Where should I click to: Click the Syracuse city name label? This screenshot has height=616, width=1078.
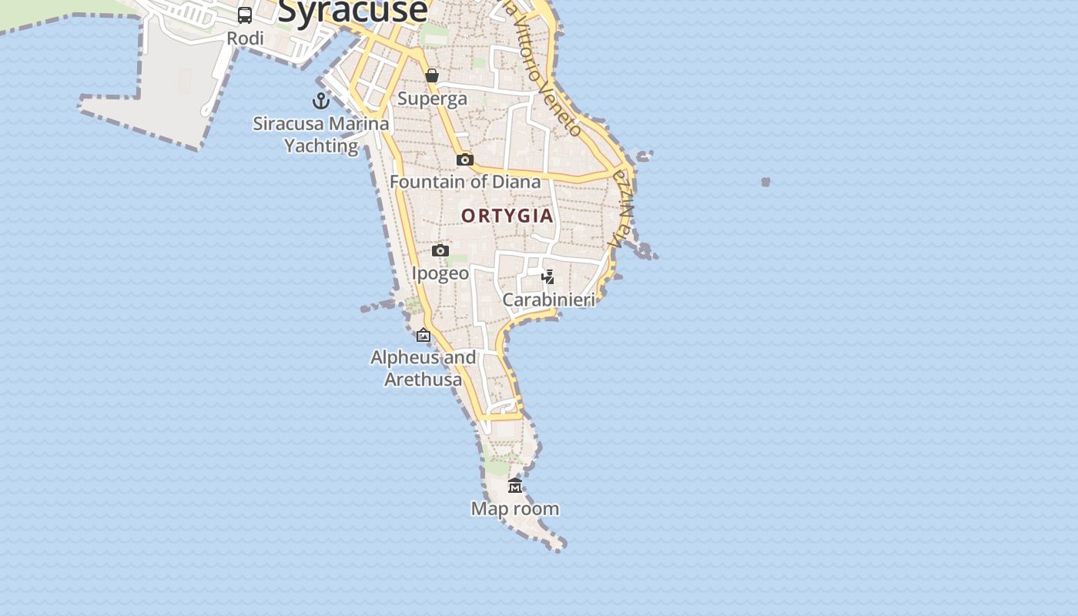[352, 11]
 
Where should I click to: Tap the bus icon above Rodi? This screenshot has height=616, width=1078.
[245, 15]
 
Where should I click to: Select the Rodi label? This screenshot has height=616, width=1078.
[245, 38]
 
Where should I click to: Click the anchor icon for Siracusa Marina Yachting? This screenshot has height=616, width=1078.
[320, 101]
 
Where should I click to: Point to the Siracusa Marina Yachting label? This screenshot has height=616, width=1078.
[321, 134]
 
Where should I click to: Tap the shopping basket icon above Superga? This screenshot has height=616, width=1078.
[432, 75]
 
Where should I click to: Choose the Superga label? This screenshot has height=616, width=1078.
[432, 99]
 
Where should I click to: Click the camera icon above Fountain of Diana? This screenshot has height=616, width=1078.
[465, 159]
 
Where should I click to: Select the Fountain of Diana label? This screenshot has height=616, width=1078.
[465, 182]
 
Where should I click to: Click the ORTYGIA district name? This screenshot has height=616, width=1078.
[507, 216]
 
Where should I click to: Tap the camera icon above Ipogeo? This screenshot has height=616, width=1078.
[440, 250]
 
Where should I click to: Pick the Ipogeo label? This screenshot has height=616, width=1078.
[440, 273]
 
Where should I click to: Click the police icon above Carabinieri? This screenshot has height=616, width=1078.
[548, 276]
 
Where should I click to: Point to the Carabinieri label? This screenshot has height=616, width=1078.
[548, 300]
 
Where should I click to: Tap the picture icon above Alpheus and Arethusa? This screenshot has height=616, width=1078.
[423, 335]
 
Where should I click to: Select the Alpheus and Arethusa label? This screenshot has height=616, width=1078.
[423, 368]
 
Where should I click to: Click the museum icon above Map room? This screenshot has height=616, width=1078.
[515, 485]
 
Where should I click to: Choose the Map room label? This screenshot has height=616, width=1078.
[515, 509]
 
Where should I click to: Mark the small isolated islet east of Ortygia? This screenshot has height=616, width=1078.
[765, 182]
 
